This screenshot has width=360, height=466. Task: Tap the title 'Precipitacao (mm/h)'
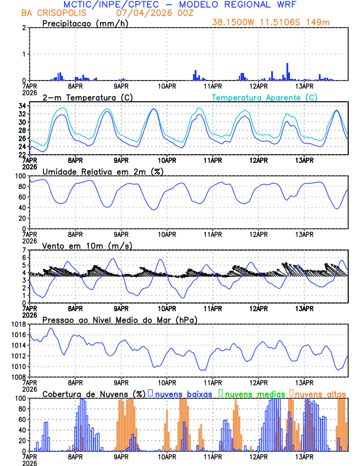click(82, 23)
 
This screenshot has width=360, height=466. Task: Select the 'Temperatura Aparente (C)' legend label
click(265, 97)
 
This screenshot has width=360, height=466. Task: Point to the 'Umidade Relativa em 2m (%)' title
click(102, 171)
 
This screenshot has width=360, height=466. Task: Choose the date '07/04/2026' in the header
click(140, 12)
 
